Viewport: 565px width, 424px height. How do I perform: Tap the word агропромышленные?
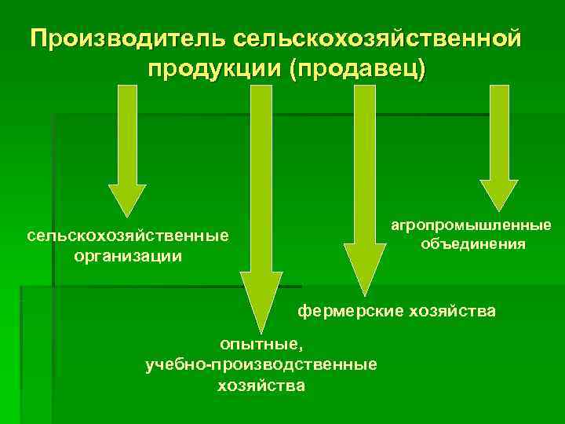(472, 225)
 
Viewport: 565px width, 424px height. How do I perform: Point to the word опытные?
(261, 344)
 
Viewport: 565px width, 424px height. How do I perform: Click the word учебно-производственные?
(261, 364)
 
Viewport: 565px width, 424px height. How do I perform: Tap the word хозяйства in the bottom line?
(261, 386)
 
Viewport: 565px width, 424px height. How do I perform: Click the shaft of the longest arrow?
(261, 173)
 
